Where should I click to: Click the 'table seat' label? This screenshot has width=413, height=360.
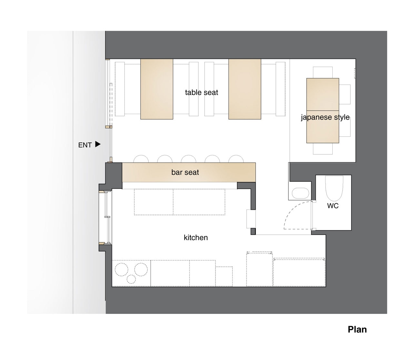click(201, 92)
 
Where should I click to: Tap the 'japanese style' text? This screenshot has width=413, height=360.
click(325, 117)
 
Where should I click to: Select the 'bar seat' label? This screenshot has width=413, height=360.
click(185, 172)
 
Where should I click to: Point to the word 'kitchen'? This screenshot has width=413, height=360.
click(196, 238)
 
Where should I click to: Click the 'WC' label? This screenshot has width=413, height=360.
click(333, 206)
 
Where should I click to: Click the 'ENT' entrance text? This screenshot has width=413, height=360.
click(85, 145)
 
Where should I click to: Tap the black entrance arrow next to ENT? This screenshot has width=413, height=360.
click(98, 144)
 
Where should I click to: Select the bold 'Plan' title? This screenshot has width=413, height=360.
click(357, 330)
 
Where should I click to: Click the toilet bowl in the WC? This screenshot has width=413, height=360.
click(334, 188)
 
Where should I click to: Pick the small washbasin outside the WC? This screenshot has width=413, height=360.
click(301, 193)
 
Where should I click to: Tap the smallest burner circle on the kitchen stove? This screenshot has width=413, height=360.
click(131, 279)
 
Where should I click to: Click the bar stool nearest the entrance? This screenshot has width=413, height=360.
click(141, 159)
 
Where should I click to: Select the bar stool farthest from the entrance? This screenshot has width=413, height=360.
click(236, 159)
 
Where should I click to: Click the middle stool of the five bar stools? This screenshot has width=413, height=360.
click(188, 159)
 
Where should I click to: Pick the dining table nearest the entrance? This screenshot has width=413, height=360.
click(156, 89)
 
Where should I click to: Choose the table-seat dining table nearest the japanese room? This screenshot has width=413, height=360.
click(245, 89)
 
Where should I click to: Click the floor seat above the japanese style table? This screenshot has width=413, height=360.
click(323, 73)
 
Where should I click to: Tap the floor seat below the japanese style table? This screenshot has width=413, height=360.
click(323, 149)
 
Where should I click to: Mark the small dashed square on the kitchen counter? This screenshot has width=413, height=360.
click(224, 276)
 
